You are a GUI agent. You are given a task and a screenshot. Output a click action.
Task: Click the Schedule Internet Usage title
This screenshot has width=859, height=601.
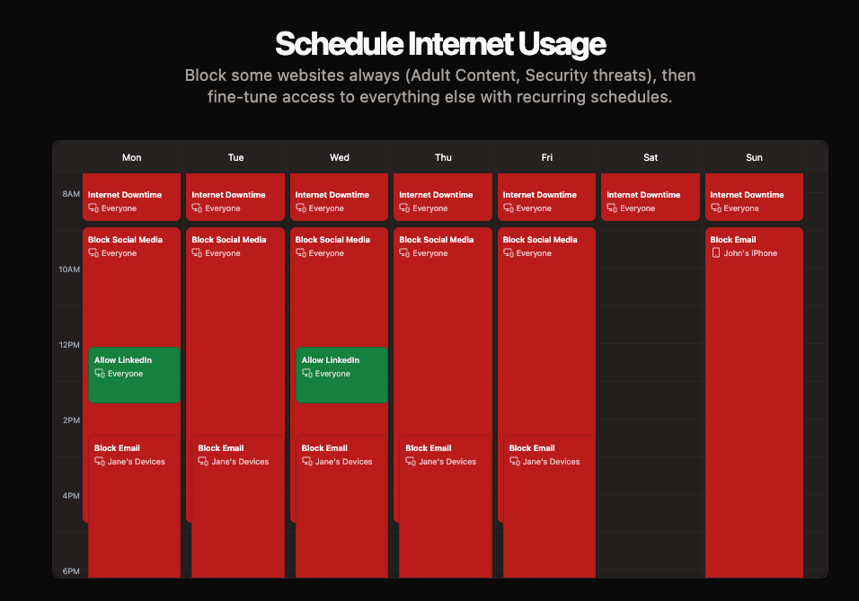tap(440, 44)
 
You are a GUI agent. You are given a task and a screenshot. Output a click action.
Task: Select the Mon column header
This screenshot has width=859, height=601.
tap(131, 157)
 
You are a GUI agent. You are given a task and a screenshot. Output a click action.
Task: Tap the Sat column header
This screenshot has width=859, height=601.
tap(651, 157)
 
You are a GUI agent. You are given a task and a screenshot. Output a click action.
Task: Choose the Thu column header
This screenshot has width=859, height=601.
tap(443, 157)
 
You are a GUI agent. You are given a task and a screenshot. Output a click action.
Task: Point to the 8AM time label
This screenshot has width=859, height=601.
tap(71, 193)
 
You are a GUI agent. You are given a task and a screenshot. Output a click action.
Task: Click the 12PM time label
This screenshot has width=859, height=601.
tap(69, 345)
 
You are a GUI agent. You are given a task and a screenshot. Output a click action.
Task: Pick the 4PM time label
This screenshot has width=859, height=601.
tap(71, 495)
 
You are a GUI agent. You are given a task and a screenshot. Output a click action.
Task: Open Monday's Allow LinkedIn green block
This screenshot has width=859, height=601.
tap(134, 375)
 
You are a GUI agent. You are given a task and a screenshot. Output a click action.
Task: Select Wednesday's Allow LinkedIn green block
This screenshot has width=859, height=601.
tap(341, 375)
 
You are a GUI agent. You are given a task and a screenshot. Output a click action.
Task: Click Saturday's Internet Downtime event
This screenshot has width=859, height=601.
tap(651, 198)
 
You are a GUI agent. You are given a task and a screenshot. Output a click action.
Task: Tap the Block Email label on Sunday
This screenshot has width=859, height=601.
tap(733, 240)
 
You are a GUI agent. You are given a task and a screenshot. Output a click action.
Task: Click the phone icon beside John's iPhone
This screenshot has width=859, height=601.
tap(715, 252)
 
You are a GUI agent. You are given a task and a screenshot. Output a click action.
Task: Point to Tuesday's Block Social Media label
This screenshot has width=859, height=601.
tap(229, 240)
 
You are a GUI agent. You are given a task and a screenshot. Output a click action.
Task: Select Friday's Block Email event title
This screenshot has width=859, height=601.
tap(532, 447)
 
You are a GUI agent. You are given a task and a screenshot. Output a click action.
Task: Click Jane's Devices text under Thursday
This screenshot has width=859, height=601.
tap(447, 461)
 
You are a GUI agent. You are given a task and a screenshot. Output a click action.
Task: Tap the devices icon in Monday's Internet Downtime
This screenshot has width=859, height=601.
tap(93, 208)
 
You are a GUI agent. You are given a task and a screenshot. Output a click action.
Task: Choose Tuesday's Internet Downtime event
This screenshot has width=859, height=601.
tap(235, 198)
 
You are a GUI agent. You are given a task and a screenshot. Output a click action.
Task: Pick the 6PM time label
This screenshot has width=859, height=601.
tap(71, 570)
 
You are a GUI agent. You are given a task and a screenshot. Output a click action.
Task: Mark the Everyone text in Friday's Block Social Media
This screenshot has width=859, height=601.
tap(534, 253)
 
